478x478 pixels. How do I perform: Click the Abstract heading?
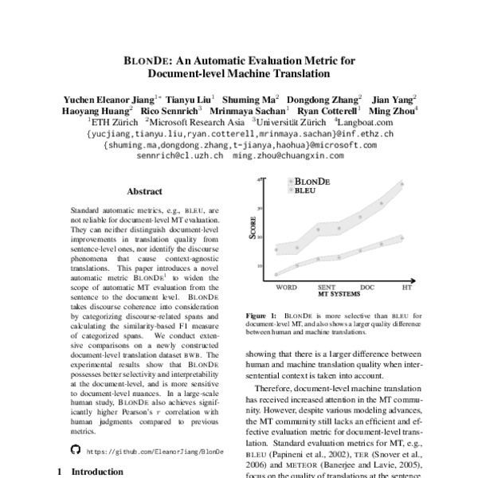[x=145, y=191]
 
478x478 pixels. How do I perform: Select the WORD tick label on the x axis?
[x=288, y=286]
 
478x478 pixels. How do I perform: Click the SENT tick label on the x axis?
[x=326, y=286]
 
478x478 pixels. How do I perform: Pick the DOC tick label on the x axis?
[x=367, y=286]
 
